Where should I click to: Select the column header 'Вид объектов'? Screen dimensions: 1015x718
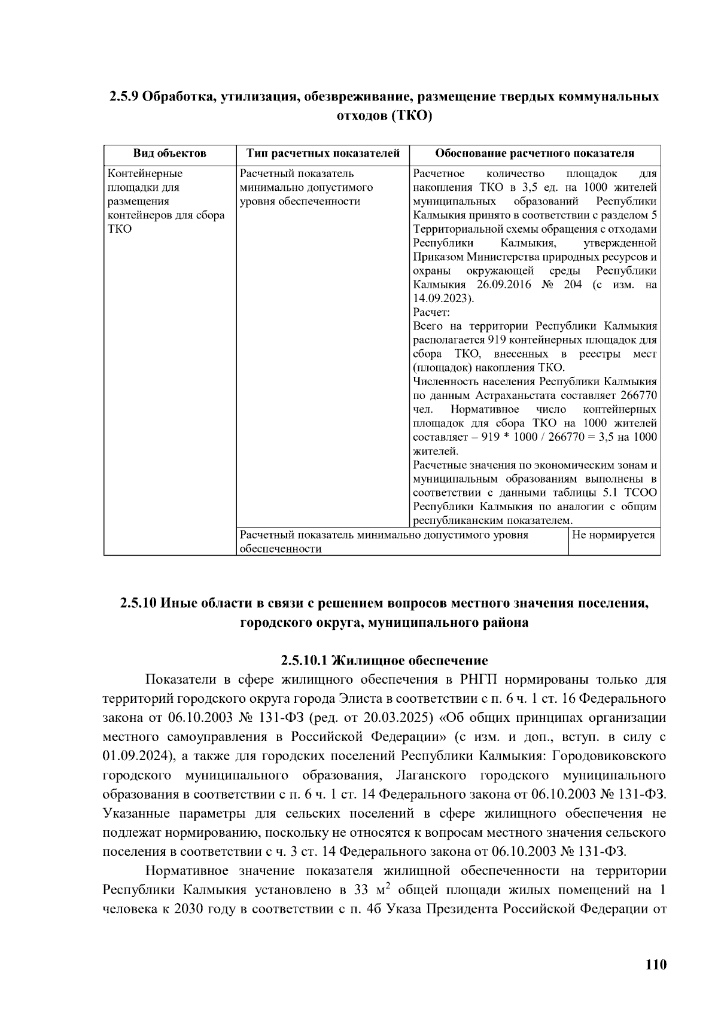tap(169, 154)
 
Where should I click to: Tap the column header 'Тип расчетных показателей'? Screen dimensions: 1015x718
tap(323, 154)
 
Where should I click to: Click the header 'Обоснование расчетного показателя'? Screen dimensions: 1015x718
tap(534, 154)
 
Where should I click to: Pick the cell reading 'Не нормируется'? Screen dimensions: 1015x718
tap(613, 535)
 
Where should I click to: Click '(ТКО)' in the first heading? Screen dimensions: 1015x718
tap(412, 115)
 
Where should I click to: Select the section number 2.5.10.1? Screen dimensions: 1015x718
tap(305, 660)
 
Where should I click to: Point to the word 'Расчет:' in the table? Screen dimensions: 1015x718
tap(431, 312)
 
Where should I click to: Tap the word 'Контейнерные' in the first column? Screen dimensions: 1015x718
tap(145, 173)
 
